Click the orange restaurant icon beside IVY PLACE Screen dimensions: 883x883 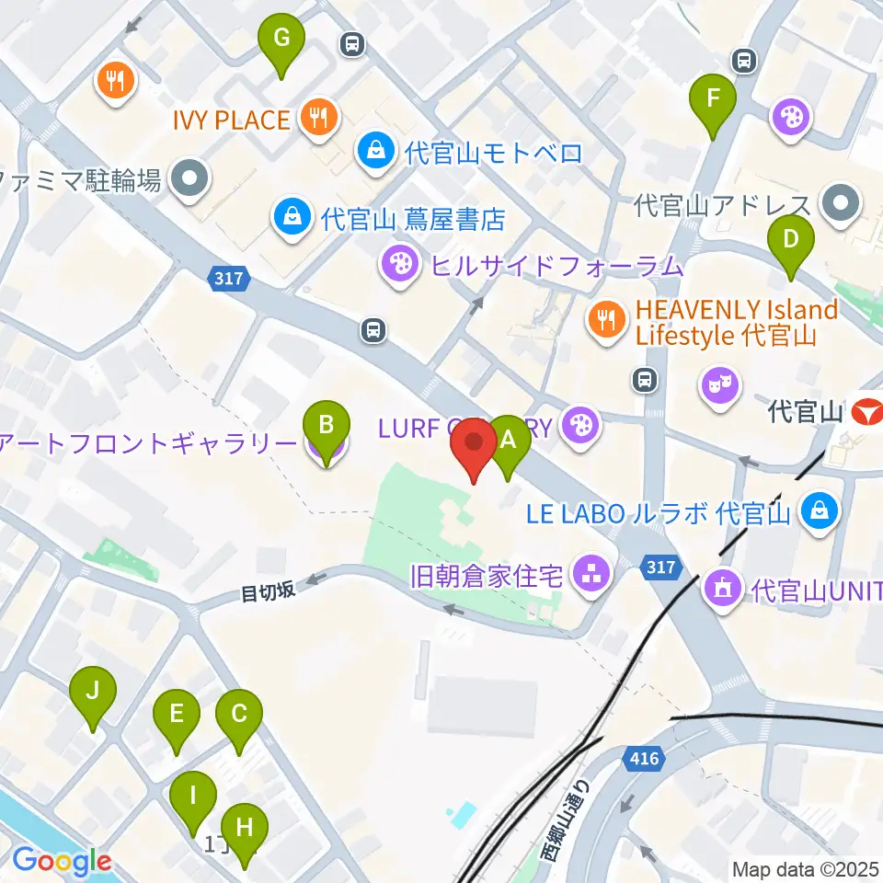point(318,118)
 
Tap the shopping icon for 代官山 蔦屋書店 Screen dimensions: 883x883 point(291,218)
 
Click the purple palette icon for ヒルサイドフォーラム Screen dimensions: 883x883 point(398,267)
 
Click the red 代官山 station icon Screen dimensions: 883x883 point(867,411)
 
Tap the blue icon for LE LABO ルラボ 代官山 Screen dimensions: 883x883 point(818,510)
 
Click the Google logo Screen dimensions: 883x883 point(62,861)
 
